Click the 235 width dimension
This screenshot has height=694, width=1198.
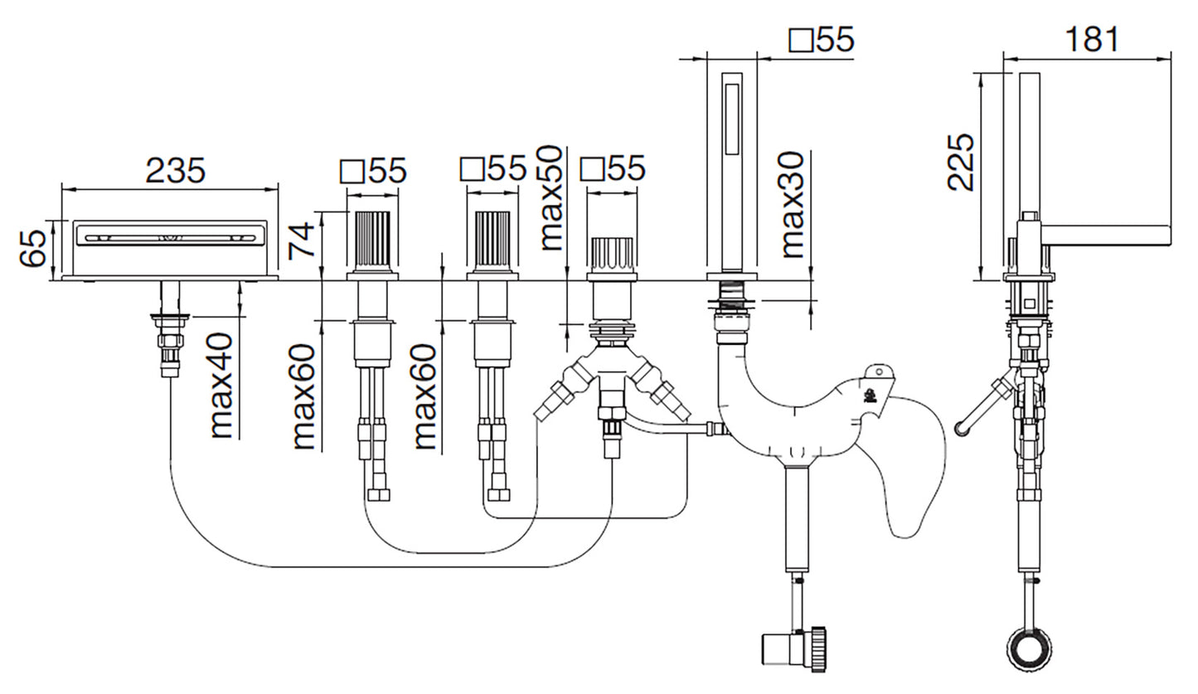coord(175,171)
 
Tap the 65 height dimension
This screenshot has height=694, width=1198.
coord(33,248)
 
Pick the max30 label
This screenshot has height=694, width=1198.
coord(793,204)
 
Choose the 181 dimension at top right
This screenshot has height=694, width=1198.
coord(1091,39)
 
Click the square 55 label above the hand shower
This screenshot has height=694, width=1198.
coord(822,39)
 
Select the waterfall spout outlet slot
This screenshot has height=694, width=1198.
coord(169,238)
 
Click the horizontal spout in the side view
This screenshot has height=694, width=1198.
coord(1107,235)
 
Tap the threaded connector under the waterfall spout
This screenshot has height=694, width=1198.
coord(170,340)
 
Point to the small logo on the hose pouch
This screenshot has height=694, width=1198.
coord(871,396)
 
